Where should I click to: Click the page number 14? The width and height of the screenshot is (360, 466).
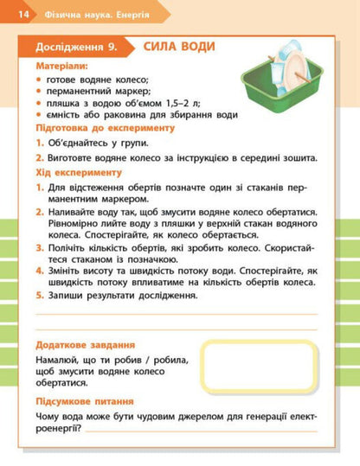tap(22, 15)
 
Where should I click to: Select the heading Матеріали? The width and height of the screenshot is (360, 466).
tap(60, 66)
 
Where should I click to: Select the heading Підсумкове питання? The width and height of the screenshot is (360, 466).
tap(85, 401)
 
